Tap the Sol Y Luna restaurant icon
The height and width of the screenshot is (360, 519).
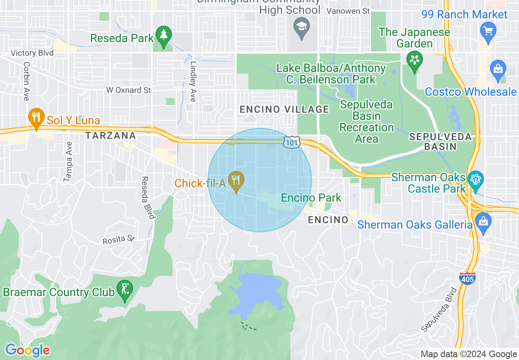pos(36,117)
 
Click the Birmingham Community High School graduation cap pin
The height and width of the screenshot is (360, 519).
pos(302,27)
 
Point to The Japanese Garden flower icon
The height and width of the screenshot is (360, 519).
pos(414,61)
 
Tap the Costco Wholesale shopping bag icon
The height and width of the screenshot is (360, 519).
pos(498,69)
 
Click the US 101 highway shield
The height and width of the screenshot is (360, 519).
pos(291,142)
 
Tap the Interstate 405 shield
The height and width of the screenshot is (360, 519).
pos(467,279)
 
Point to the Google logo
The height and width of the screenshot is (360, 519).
pos(27,350)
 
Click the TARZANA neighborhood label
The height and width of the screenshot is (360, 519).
pos(111,135)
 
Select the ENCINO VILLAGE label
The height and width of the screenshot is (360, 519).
pos(284,109)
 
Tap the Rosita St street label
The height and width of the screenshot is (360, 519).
pos(119,239)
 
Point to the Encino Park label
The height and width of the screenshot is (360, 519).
pos(311,198)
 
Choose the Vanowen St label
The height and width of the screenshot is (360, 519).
pos(348,11)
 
